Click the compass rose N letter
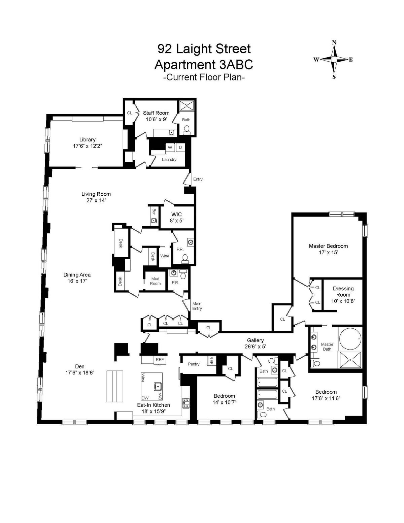(x=334, y=42)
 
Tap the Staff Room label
(x=156, y=113)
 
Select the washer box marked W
(x=170, y=148)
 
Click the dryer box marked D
(x=180, y=148)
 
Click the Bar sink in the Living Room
(x=154, y=221)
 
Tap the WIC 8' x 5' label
(x=176, y=217)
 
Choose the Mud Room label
(x=155, y=281)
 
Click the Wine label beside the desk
(x=165, y=256)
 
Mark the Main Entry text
(x=197, y=306)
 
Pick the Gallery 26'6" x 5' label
(x=255, y=343)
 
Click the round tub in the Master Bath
(x=350, y=337)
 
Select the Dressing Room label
(x=343, y=291)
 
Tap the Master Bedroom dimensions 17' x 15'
(x=328, y=252)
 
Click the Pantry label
(x=194, y=364)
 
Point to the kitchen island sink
(x=157, y=385)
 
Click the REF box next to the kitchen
(x=160, y=360)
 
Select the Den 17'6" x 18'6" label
(x=80, y=369)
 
